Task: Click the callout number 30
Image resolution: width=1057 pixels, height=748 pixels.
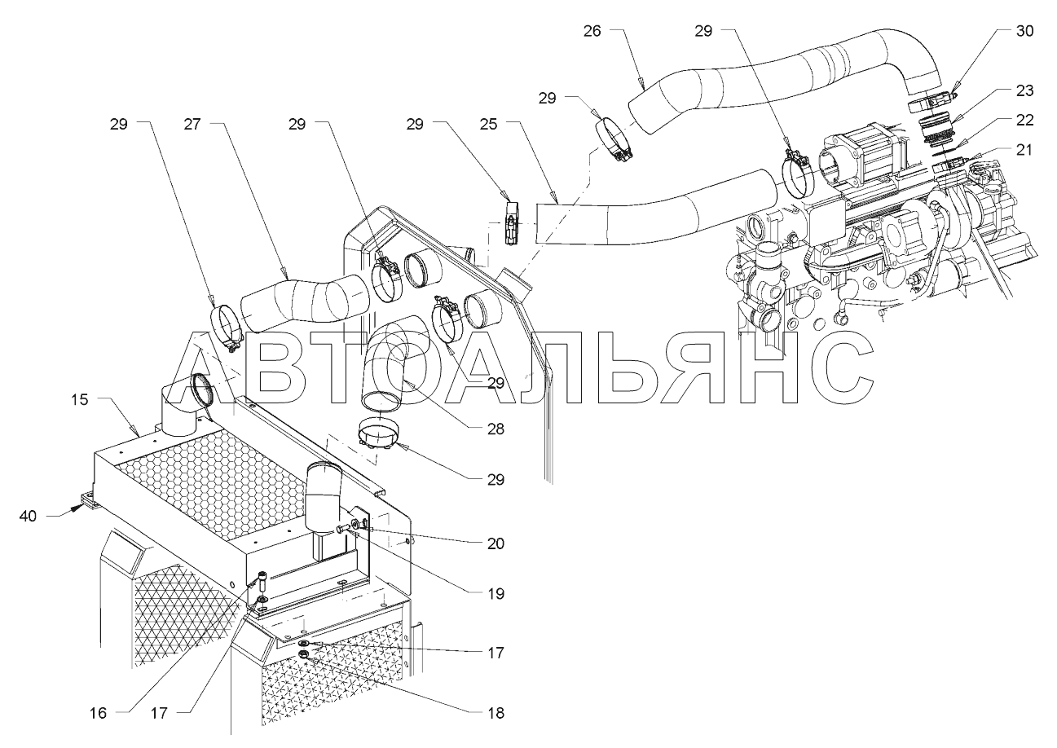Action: pyautogui.click(x=1025, y=32)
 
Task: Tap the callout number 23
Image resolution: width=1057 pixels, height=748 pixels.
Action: pyautogui.click(x=1025, y=90)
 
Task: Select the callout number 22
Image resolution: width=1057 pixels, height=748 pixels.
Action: pyautogui.click(x=1025, y=120)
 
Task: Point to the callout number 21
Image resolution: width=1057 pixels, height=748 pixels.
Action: pyautogui.click(x=1025, y=149)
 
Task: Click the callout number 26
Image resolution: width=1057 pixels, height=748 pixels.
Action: pyautogui.click(x=592, y=32)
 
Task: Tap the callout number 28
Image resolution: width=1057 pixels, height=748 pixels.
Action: pyautogui.click(x=494, y=428)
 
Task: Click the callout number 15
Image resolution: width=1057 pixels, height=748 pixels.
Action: pyautogui.click(x=79, y=399)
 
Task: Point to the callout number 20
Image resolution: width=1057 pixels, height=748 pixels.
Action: pyautogui.click(x=494, y=543)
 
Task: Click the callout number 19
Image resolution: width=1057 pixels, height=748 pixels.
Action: pyautogui.click(x=494, y=594)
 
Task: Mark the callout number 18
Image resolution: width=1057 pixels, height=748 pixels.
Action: pyautogui.click(x=494, y=713)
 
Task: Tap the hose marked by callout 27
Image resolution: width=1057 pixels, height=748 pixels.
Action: pyautogui.click(x=306, y=303)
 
